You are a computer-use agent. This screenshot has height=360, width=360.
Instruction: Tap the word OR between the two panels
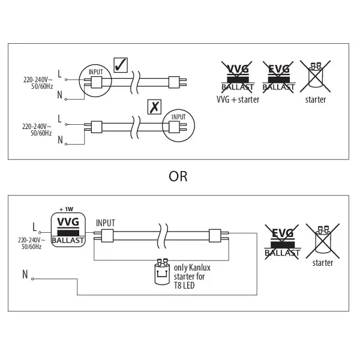click(x=178, y=176)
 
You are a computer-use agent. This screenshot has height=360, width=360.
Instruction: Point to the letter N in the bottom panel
click(x=25, y=275)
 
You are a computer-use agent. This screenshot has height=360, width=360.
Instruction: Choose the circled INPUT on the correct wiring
click(x=96, y=82)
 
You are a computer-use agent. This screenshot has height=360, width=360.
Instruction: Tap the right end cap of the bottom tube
click(x=215, y=235)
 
